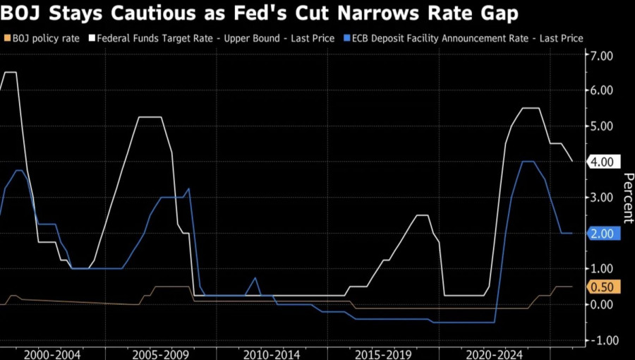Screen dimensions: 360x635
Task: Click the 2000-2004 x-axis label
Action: [52, 353]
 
